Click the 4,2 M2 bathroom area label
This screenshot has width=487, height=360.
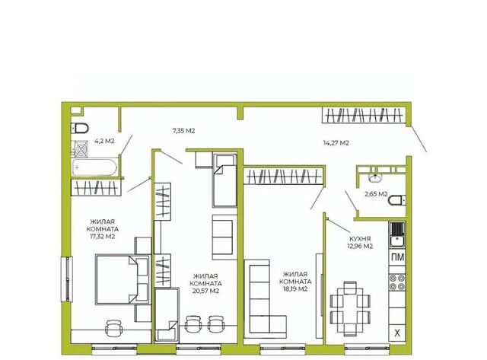[104, 141]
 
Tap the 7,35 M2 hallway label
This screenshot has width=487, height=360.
[183, 131]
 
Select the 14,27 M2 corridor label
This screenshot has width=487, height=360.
[336, 143]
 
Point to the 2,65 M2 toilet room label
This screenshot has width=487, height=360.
[376, 194]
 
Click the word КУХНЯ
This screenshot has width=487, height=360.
[360, 239]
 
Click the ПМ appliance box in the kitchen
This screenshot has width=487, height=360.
[397, 257]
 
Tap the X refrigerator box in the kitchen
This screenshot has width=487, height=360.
[397, 333]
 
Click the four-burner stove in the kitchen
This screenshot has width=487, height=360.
[397, 282]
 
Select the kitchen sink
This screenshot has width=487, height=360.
[397, 235]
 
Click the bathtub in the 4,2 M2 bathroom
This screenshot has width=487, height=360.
[94, 167]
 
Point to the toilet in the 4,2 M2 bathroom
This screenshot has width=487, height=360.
[80, 128]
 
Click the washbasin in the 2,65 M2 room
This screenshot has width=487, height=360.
[375, 177]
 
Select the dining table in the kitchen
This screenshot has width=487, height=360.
[350, 308]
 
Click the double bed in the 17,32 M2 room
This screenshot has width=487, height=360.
[123, 279]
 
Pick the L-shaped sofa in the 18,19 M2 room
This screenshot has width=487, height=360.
[266, 299]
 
